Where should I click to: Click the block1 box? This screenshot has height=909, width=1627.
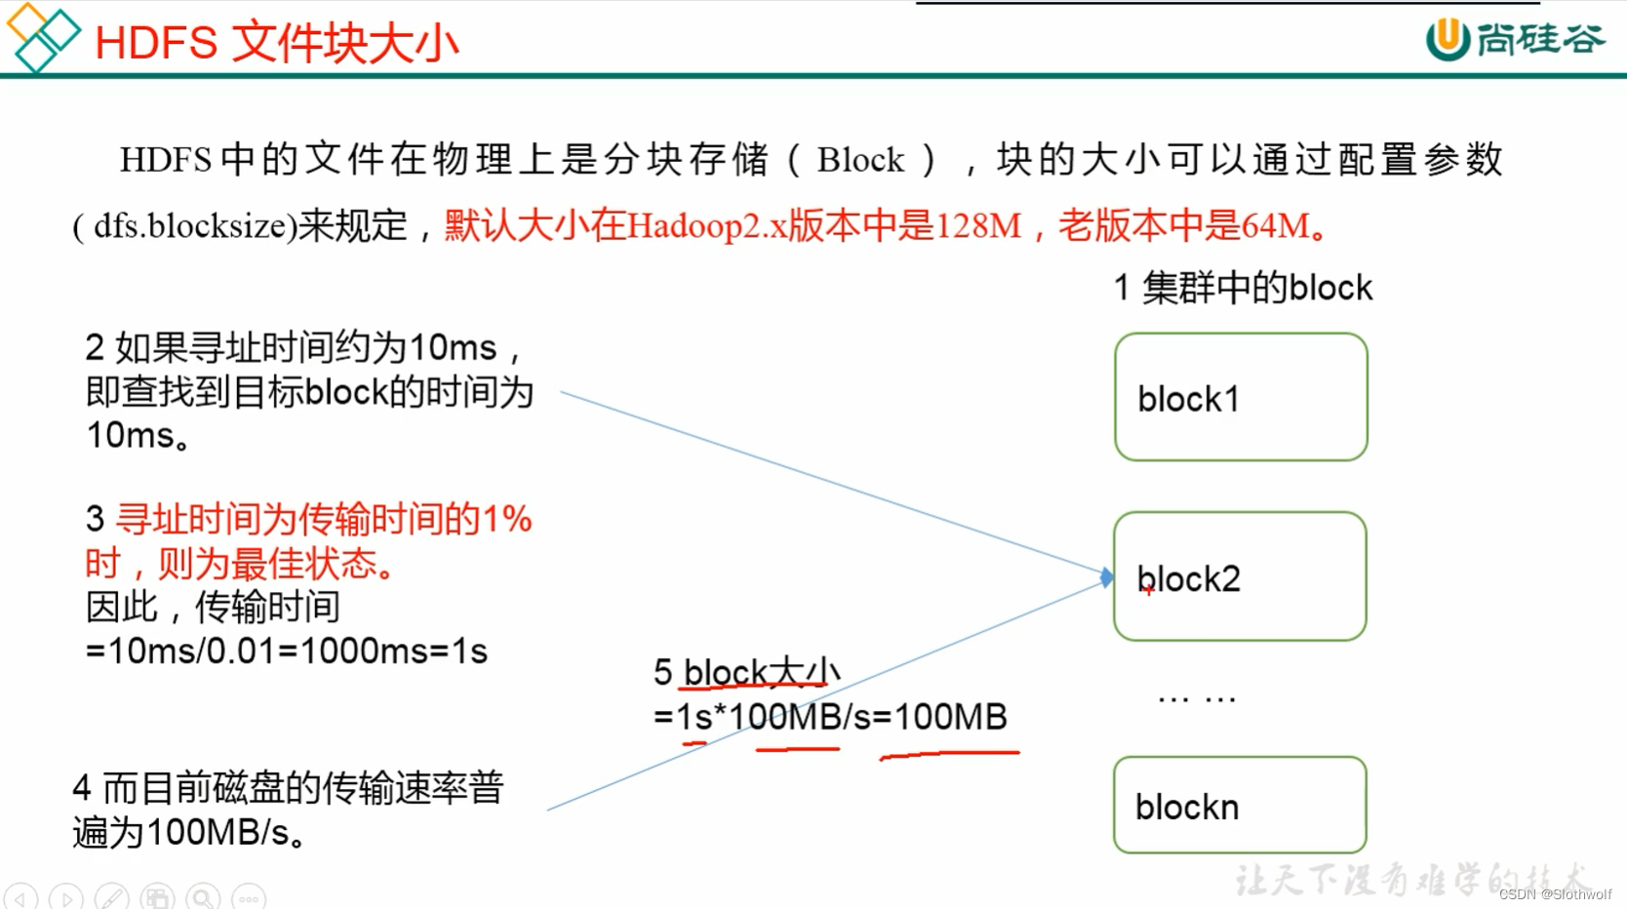click(1241, 397)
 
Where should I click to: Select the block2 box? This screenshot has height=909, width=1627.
click(1240, 576)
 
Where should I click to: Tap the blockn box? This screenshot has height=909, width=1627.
click(1240, 805)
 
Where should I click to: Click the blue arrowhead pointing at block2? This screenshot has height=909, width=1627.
click(1106, 577)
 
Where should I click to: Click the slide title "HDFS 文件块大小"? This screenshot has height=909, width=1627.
click(276, 43)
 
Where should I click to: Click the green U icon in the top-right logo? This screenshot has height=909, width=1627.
click(1448, 39)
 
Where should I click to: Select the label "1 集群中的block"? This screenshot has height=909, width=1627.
click(1243, 289)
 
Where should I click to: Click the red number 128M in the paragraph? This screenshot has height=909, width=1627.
click(978, 226)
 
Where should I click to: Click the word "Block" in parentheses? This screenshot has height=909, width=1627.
click(860, 160)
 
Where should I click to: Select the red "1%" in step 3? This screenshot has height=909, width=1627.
click(507, 519)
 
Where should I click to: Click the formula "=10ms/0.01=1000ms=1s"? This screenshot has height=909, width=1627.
click(286, 651)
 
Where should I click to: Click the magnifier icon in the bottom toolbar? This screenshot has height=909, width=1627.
click(203, 896)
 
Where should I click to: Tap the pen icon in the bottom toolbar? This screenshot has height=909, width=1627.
click(111, 896)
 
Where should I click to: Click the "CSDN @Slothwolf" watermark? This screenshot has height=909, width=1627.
click(1555, 894)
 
